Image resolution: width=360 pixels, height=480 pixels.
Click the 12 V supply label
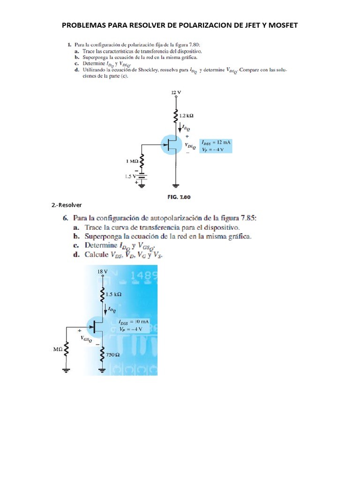(x=176, y=93)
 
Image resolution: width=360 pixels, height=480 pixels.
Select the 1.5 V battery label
(x=129, y=176)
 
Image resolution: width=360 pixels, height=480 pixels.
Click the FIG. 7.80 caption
(x=179, y=197)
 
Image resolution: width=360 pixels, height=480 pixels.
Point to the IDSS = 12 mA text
(x=217, y=142)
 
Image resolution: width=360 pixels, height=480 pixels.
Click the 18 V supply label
(x=102, y=271)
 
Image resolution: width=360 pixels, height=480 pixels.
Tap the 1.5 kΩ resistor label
(x=113, y=294)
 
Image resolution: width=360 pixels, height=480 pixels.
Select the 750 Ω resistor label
(x=113, y=355)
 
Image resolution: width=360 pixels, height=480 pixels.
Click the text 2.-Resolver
(x=67, y=205)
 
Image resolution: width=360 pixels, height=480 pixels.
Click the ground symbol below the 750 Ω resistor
(x=103, y=370)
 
